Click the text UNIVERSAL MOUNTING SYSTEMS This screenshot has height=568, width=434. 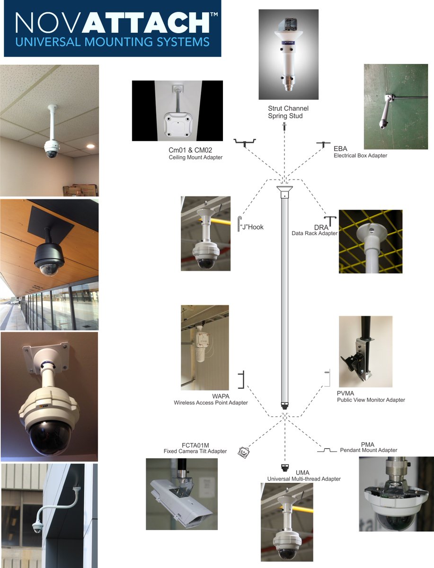[112, 42]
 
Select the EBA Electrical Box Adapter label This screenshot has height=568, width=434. [360, 152]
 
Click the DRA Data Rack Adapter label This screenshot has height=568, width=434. [314, 230]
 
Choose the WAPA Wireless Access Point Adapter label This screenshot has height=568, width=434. [211, 399]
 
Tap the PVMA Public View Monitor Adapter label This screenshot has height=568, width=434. [371, 397]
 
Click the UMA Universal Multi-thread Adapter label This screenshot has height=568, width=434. [304, 476]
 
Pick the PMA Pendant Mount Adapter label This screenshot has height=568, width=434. [368, 447]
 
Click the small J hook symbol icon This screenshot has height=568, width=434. [240, 224]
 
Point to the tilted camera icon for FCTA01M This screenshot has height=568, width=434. [243, 453]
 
